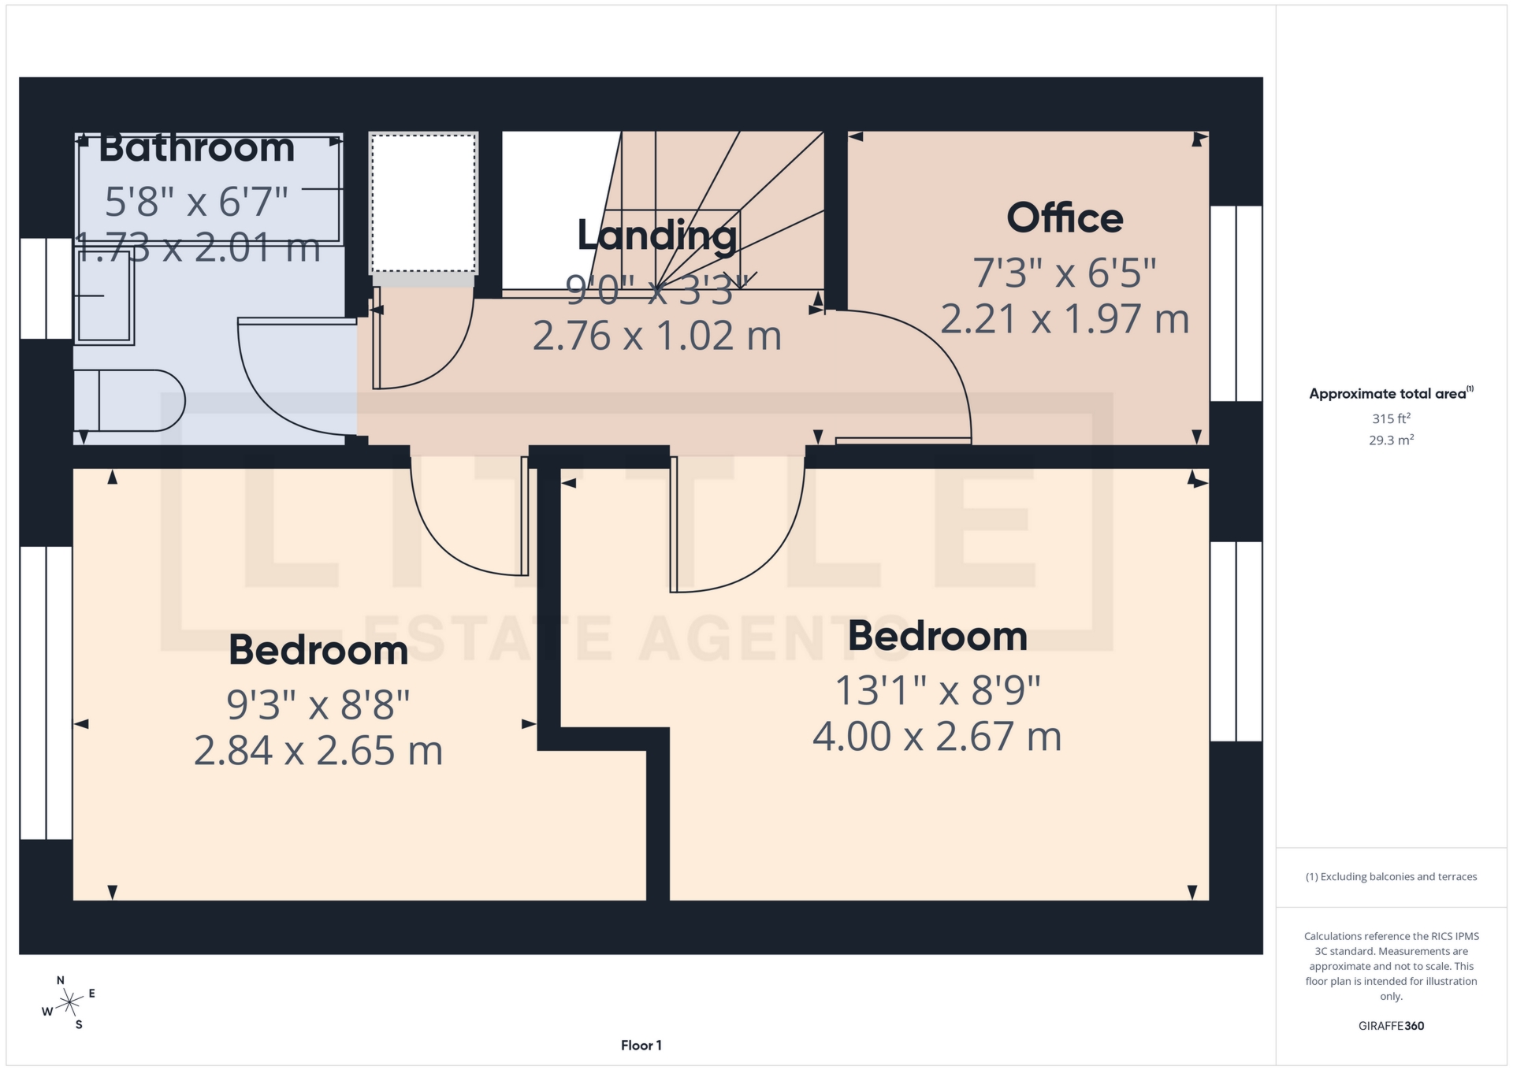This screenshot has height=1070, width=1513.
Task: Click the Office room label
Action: [1065, 218]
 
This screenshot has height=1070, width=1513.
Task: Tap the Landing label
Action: [657, 235]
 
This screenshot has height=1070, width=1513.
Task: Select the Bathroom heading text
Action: [197, 148]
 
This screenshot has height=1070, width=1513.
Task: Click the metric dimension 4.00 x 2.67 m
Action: [937, 737]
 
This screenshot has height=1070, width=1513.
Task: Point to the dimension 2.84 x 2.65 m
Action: [318, 751]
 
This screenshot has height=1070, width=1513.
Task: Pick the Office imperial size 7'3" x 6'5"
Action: [1065, 273]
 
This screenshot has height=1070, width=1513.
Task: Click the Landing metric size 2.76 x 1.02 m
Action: [657, 336]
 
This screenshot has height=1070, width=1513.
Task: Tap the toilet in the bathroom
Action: [130, 401]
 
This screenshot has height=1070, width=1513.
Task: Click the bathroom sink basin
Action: [104, 296]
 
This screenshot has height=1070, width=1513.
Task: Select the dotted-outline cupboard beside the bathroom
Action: [423, 203]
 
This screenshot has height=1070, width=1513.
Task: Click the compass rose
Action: [69, 1003]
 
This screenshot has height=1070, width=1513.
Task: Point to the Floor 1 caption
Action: [641, 1046]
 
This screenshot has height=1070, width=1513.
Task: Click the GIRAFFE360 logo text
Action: [1391, 1026]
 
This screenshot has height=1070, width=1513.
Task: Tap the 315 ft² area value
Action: [1391, 419]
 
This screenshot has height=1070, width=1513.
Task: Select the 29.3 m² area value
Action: [1391, 440]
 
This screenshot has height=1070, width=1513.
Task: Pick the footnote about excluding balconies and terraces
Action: [1391, 877]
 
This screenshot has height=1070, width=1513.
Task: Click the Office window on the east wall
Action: [1236, 303]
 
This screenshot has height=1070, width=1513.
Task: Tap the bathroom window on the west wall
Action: [46, 288]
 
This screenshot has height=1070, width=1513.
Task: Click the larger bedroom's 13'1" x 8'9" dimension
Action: [937, 691]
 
